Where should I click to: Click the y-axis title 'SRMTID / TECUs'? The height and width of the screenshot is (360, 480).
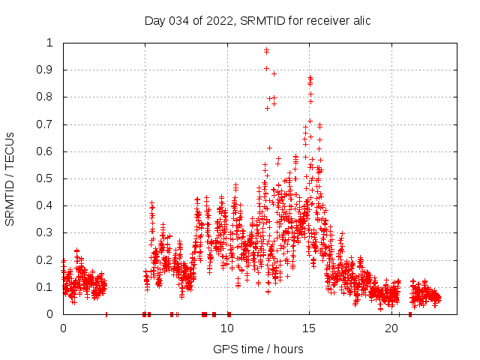(10, 178)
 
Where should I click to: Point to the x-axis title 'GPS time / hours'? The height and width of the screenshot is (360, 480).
(258, 349)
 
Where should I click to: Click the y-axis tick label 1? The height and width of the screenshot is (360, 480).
(50, 43)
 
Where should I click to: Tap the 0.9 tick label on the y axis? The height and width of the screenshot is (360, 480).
(46, 70)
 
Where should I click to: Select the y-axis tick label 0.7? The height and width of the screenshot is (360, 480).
(46, 124)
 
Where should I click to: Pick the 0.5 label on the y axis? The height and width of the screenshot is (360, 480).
(46, 178)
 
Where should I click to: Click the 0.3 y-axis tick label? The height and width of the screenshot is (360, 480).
(46, 232)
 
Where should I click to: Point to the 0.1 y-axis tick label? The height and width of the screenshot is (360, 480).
(46, 287)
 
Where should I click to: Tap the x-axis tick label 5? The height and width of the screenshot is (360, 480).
(145, 328)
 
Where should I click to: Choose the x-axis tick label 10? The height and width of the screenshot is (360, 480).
(227, 328)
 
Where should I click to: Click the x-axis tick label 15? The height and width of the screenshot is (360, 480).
(310, 328)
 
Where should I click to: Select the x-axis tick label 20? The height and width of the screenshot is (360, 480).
(391, 328)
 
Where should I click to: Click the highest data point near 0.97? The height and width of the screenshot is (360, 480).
(266, 50)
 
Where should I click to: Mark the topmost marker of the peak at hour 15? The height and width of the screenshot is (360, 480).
(310, 77)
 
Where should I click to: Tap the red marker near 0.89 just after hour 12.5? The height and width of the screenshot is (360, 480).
(274, 73)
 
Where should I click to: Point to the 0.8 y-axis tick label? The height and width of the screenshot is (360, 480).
(46, 97)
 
